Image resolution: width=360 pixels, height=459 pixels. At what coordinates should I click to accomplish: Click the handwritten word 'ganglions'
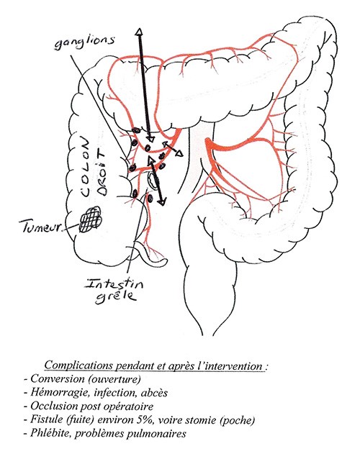click(x=84, y=42)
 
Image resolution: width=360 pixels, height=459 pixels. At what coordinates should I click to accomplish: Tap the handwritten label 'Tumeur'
click(x=42, y=227)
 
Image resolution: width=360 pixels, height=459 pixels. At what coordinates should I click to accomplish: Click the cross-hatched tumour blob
click(x=91, y=219)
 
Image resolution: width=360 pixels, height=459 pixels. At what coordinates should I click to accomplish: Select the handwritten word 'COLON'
click(x=86, y=168)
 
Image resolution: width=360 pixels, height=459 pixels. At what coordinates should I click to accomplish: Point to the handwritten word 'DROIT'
click(x=102, y=173)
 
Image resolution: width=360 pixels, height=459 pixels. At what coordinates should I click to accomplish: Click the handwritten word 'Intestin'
click(x=114, y=283)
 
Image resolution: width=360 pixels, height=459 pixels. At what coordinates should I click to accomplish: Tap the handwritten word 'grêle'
click(x=116, y=296)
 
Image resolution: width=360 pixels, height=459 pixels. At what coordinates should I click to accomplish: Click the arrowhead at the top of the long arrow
click(x=139, y=32)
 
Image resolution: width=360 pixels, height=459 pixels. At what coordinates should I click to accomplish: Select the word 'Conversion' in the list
click(x=58, y=378)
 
